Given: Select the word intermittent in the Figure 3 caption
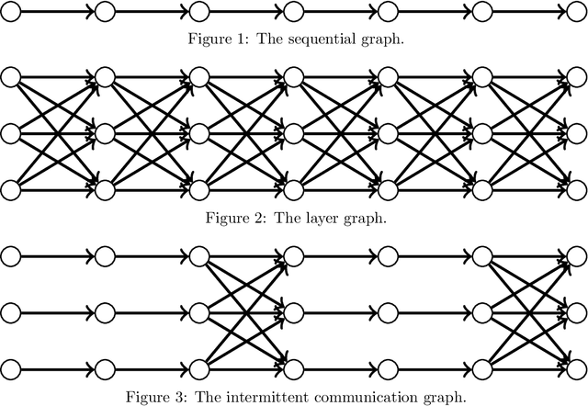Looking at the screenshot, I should [300, 396].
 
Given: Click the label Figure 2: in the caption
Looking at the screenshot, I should [236, 218].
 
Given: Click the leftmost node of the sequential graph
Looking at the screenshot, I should [10, 12].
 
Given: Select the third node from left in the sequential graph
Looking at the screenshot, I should [198, 12].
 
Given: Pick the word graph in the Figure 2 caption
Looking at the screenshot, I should [365, 219].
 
